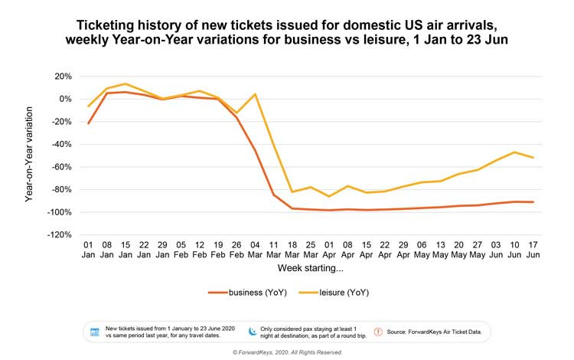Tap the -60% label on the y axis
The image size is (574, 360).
61,167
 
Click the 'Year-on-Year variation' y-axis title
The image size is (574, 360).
30,156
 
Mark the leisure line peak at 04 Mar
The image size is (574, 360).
255,94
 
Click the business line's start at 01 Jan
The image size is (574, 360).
89,123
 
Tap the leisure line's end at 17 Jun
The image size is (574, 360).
533,158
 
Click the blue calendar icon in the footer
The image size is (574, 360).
95,332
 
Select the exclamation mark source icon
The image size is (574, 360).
377,332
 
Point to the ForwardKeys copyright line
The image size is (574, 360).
287,352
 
